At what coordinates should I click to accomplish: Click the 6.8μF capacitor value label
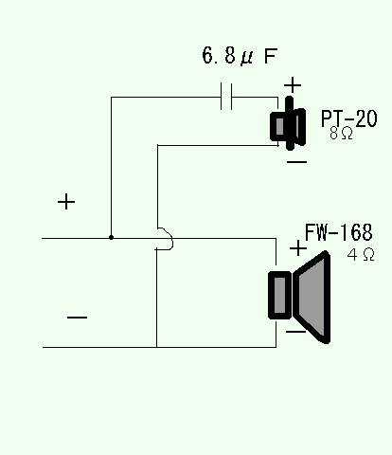pos(240,56)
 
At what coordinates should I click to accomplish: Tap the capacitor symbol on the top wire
pos(226,97)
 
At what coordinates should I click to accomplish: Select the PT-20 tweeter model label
pos(349,118)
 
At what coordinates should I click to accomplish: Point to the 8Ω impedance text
pos(341,133)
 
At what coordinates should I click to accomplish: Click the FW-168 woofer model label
pos(339,232)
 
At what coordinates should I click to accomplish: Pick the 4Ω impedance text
pos(361,254)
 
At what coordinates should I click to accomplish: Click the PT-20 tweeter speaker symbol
pos(288,124)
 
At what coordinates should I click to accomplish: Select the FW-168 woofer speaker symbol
pos(299,297)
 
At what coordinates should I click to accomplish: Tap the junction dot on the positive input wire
pos(111,237)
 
